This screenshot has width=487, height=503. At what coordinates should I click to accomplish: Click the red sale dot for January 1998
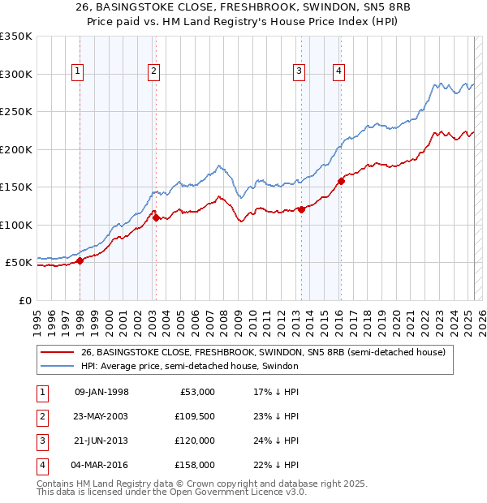[x=80, y=260]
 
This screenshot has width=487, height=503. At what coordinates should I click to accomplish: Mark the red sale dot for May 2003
[x=156, y=217]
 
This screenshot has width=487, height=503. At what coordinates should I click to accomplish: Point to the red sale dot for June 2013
[x=301, y=209]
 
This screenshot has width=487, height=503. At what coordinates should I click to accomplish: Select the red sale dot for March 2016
[x=341, y=181]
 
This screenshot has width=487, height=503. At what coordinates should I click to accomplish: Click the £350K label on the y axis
[x=16, y=37]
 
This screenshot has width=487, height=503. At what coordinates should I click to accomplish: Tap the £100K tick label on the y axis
[x=16, y=225]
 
